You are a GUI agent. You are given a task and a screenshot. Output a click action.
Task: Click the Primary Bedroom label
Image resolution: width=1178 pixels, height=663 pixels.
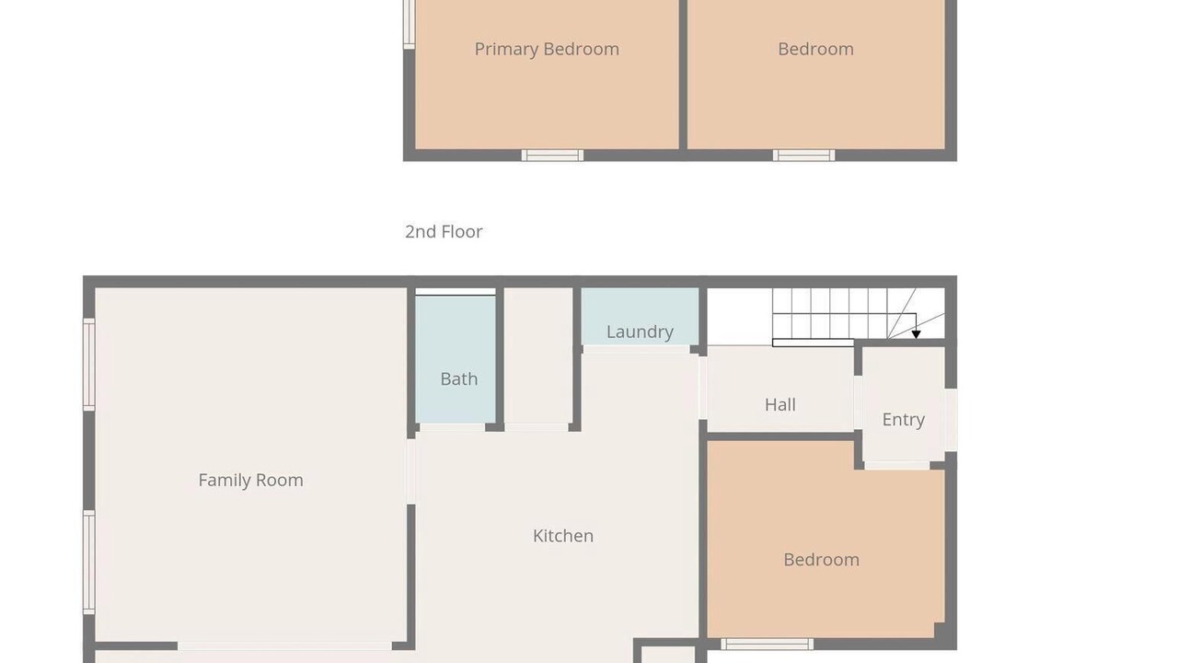click(547, 49)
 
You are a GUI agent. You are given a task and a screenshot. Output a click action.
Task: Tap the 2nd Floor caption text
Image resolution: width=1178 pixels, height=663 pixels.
click(444, 231)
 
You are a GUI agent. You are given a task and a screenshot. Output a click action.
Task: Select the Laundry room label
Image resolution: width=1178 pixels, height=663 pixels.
click(640, 332)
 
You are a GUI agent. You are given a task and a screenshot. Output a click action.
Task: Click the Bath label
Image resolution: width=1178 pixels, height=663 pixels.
click(459, 378)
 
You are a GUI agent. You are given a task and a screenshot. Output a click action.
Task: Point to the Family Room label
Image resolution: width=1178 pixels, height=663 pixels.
click(251, 480)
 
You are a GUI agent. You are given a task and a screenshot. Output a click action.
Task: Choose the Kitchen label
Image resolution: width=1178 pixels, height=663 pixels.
click(562, 536)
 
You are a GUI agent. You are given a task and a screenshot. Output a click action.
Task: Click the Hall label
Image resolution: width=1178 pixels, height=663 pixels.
click(780, 404)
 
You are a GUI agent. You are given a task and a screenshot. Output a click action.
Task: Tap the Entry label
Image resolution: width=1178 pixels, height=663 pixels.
click(903, 420)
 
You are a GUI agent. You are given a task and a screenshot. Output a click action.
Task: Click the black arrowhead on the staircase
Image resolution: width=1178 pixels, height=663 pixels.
click(916, 334)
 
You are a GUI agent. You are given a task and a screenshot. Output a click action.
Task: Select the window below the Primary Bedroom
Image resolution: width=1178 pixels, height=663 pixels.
click(552, 156)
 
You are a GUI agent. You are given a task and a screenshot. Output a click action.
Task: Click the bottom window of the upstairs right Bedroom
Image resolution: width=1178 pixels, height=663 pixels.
click(803, 156)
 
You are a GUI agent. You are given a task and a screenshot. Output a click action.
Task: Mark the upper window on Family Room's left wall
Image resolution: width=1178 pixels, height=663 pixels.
click(89, 364)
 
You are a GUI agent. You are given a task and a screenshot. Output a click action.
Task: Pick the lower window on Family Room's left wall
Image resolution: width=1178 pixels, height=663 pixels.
click(89, 562)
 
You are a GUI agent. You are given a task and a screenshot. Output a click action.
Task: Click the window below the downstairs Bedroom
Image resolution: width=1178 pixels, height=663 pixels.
click(767, 644)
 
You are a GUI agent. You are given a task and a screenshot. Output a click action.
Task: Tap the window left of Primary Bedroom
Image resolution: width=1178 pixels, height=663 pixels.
click(410, 24)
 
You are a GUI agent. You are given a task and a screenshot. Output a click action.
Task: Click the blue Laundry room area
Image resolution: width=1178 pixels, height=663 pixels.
click(640, 316)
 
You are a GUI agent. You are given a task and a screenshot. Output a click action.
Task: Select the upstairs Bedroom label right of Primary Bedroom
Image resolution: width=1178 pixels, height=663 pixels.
click(815, 49)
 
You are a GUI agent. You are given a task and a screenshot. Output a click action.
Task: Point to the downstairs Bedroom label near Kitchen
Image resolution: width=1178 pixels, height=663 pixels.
click(822, 559)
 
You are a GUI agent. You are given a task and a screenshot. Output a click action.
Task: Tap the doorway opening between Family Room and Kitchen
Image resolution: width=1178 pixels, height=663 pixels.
click(410, 471)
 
